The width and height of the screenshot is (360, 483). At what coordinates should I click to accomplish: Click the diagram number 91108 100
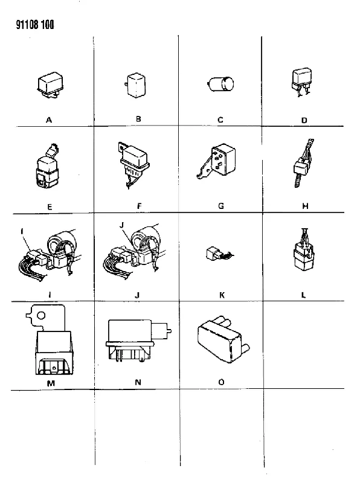(35, 25)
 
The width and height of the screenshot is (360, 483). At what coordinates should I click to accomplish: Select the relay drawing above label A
(50, 85)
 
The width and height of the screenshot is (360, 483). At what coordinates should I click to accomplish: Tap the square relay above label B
(136, 85)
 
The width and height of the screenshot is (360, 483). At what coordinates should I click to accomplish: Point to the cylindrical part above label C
(220, 84)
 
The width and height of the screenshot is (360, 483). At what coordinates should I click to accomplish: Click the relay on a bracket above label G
(217, 161)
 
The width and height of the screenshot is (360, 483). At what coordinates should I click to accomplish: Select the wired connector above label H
(303, 162)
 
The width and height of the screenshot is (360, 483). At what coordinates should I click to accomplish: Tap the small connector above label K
(219, 254)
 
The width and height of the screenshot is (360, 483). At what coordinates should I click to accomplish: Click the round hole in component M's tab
(41, 315)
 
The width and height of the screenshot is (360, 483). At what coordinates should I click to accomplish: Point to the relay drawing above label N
(138, 341)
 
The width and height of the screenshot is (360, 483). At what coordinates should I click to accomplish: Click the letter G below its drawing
(220, 206)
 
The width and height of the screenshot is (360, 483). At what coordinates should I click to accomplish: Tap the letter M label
(51, 383)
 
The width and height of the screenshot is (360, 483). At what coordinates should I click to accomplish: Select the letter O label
(221, 382)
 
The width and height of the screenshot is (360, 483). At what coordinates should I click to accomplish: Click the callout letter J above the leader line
(122, 225)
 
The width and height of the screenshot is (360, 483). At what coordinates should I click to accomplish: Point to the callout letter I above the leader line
(22, 231)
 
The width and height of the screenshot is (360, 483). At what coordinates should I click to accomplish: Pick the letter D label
(304, 120)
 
